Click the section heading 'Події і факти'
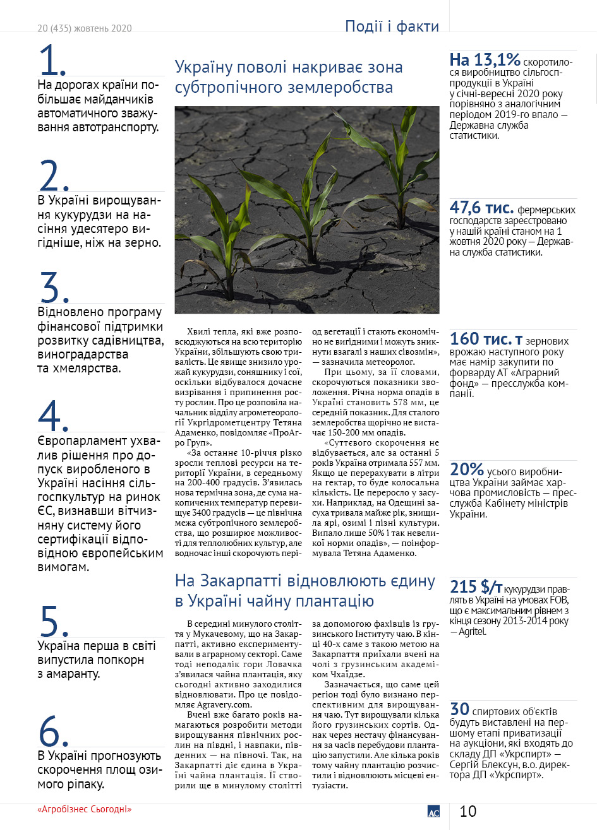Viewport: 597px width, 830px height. click(x=392, y=27)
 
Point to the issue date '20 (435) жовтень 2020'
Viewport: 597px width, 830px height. click(x=85, y=28)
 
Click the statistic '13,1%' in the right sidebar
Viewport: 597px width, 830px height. click(x=485, y=61)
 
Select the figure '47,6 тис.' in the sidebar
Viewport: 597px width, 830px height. click(x=481, y=207)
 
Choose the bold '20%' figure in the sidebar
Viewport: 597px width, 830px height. click(x=467, y=469)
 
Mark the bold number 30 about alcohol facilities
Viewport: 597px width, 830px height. click(x=459, y=709)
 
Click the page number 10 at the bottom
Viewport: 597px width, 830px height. click(x=467, y=811)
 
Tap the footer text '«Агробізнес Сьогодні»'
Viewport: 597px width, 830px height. click(x=84, y=809)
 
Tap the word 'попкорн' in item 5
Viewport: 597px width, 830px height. click(x=119, y=660)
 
